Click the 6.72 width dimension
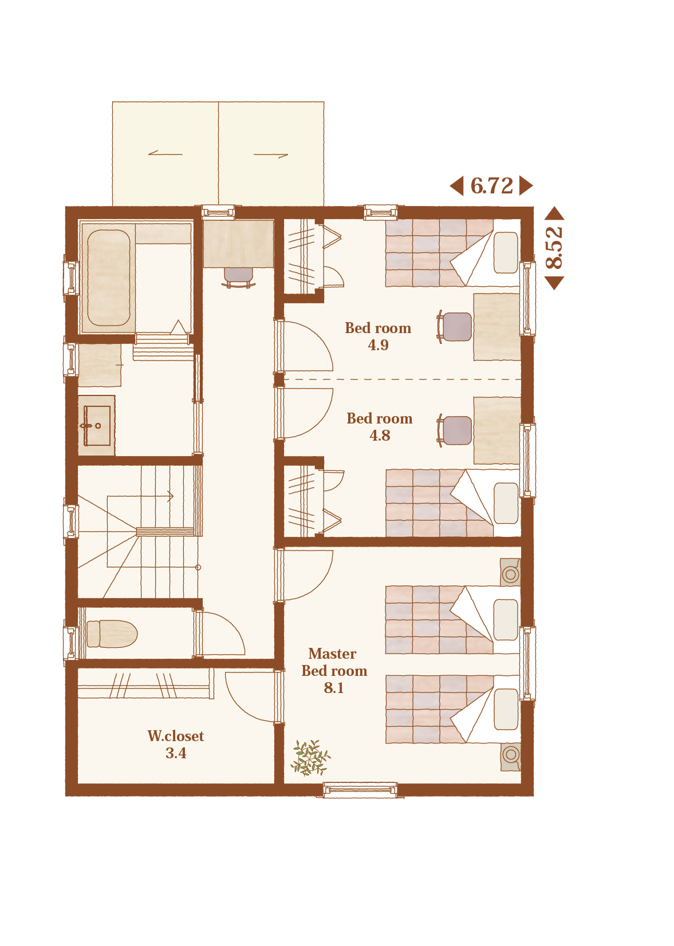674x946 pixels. click(491, 186)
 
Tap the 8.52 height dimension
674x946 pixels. click(554, 248)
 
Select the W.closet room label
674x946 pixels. click(176, 736)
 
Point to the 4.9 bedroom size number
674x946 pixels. click(378, 345)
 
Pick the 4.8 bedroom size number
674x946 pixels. click(380, 436)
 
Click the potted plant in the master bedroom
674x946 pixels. click(310, 758)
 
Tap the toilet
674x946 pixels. click(112, 634)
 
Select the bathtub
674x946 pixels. click(109, 278)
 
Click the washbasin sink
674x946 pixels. click(97, 426)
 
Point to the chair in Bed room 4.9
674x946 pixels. click(455, 326)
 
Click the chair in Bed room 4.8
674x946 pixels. click(455, 430)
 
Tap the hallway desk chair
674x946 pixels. click(239, 278)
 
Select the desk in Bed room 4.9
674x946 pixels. click(496, 327)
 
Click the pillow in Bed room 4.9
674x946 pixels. click(506, 252)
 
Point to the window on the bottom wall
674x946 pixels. click(360, 790)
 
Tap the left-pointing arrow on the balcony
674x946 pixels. click(165, 153)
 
